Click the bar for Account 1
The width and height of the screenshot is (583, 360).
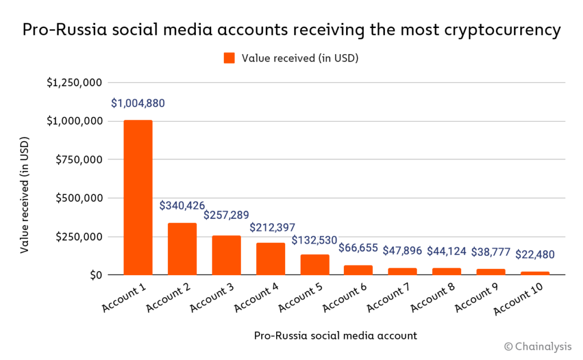point(138,198)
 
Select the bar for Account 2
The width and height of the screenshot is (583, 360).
point(182,249)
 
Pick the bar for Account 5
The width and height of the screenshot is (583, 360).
point(315,265)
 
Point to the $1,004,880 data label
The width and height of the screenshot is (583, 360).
point(138,104)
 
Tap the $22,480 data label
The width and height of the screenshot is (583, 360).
point(535,254)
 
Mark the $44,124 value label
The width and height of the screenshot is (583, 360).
point(447,251)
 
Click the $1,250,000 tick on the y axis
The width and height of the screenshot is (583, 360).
point(75,83)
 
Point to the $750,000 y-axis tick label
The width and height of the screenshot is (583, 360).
point(78,159)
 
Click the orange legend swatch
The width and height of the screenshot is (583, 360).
point(229,58)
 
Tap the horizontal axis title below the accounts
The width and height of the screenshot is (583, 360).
point(335,336)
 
